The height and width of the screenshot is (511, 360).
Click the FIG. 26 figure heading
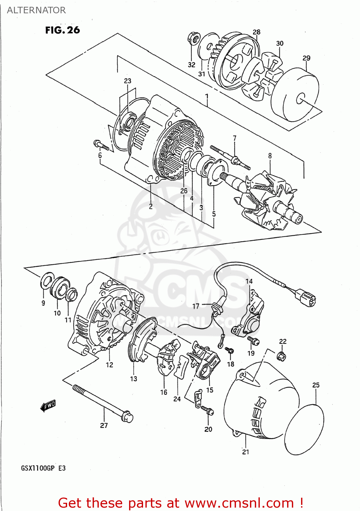[x=62, y=30]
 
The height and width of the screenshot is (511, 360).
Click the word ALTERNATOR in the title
[x=36, y=10]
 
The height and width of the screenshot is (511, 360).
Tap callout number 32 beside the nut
[x=191, y=65]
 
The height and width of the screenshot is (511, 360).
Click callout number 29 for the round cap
[x=306, y=58]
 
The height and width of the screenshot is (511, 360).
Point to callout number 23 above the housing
[x=127, y=81]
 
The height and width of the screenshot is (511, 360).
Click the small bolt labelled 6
[x=101, y=145]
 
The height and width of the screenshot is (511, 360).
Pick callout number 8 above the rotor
[x=270, y=156]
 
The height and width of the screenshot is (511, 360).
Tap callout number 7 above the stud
[x=234, y=138]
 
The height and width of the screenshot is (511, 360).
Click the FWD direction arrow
[x=48, y=405]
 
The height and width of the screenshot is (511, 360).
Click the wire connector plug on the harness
[x=306, y=297]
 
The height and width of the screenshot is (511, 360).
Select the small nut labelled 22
[x=281, y=356]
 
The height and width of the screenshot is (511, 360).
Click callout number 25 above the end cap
[x=316, y=385]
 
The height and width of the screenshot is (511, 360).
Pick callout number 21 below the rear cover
[x=246, y=452]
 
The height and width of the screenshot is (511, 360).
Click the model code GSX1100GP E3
[x=43, y=468]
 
